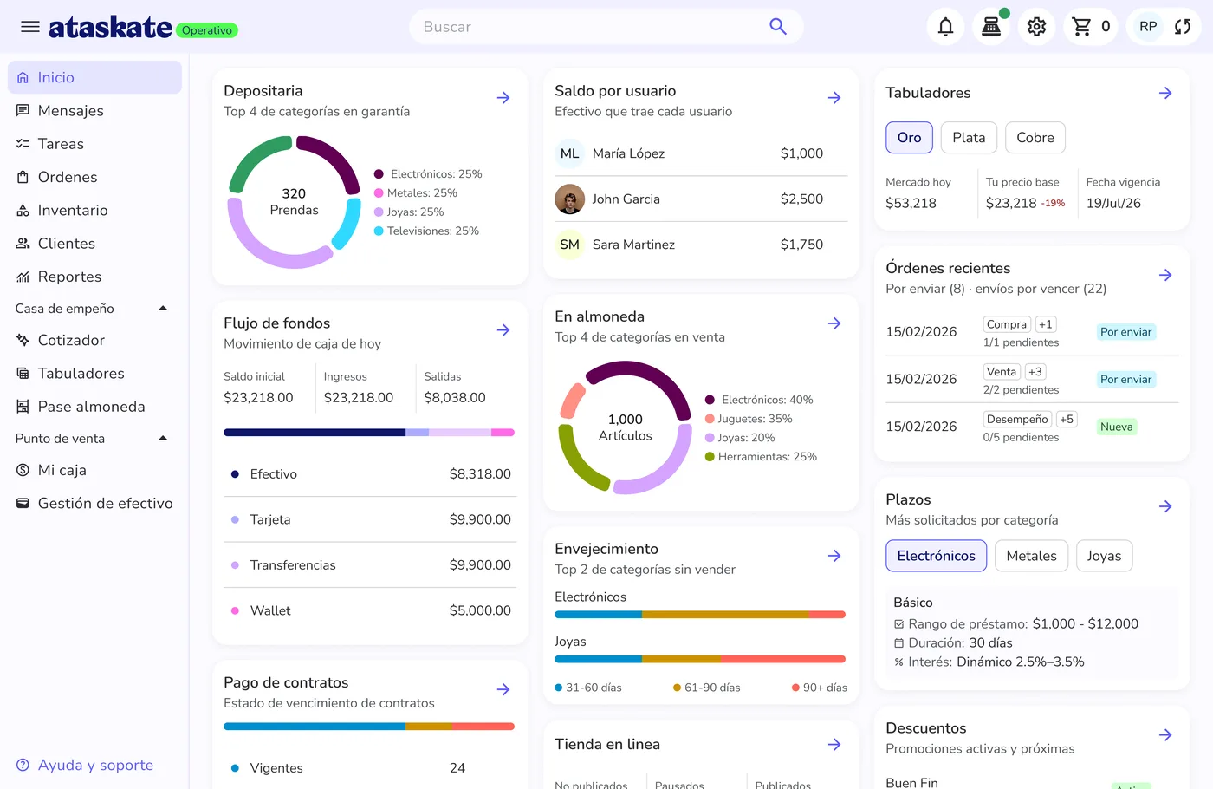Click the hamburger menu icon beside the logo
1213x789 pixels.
coord(30,27)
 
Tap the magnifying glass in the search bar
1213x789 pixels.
coord(778,26)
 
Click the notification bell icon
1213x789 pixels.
coord(945,27)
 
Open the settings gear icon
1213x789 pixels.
coord(1036,27)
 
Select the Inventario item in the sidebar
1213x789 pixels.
coord(73,210)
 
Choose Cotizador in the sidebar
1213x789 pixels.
coord(71,340)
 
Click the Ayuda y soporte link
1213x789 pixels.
coord(95,765)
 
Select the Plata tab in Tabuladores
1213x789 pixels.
coord(969,138)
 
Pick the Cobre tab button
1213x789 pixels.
coord(1035,138)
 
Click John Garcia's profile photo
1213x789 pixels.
coord(569,199)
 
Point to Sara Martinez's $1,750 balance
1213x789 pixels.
coord(801,245)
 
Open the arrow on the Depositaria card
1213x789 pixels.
coord(503,98)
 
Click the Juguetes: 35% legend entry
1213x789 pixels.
coord(749,419)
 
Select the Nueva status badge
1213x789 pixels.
coord(1116,427)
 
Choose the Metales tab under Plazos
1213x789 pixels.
coord(1031,556)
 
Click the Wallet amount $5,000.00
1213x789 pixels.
coord(480,610)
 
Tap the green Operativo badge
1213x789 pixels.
coord(207,30)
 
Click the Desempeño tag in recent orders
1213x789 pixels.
coord(1017,420)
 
